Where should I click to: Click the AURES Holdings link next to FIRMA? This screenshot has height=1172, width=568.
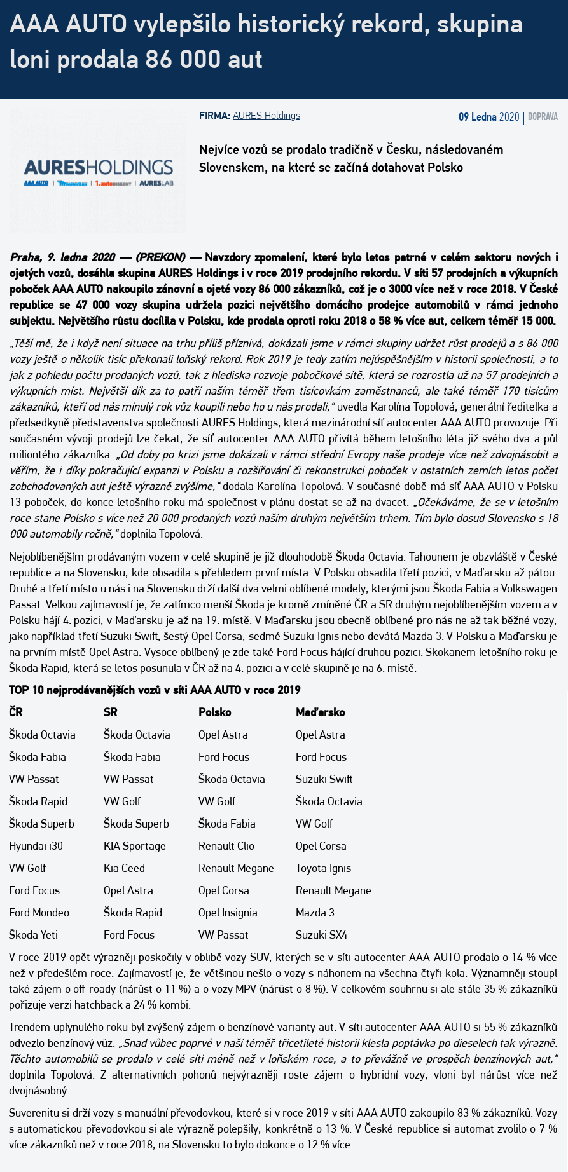point(266,116)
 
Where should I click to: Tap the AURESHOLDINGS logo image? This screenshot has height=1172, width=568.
point(98,172)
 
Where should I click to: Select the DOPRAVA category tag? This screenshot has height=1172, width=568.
point(543,117)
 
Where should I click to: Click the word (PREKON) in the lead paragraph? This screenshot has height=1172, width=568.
point(160,257)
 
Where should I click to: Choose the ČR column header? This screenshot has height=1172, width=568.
point(16,712)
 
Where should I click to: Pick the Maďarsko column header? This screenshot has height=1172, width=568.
point(320,712)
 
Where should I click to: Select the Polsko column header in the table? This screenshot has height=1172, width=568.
point(214,712)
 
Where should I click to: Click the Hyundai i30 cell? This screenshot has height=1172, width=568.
point(36,846)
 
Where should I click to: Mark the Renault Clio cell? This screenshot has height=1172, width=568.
point(226,846)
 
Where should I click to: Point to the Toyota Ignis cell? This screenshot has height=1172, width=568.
point(323,868)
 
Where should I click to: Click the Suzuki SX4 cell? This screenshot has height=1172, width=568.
point(321,935)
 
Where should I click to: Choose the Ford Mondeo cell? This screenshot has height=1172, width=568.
point(39,913)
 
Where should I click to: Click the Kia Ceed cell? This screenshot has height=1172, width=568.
point(124,868)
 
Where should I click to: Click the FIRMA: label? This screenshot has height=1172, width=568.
point(214,116)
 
